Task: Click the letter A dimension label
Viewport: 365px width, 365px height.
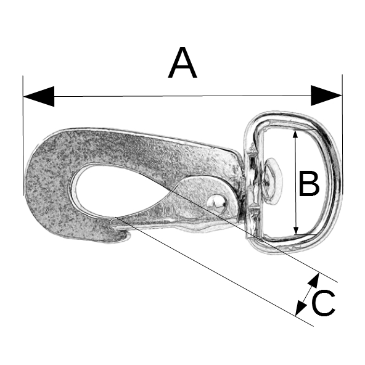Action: tap(182, 62)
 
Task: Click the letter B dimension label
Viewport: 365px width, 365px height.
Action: tap(309, 183)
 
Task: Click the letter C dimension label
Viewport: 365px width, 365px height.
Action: tap(323, 303)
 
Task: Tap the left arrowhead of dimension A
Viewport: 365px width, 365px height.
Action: tap(39, 96)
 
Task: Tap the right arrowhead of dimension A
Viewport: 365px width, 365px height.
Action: tap(326, 96)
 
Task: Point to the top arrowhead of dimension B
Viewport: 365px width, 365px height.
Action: tap(295, 134)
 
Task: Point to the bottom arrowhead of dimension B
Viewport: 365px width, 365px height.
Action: tap(296, 230)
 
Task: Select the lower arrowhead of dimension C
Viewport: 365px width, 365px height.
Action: tap(300, 308)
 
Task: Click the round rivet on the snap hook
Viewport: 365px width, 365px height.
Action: tap(216, 203)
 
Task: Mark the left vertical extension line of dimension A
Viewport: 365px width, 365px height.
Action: tap(23, 136)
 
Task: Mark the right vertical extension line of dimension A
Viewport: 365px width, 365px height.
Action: tap(342, 134)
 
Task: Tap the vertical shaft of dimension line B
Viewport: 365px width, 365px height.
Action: tap(295, 182)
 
